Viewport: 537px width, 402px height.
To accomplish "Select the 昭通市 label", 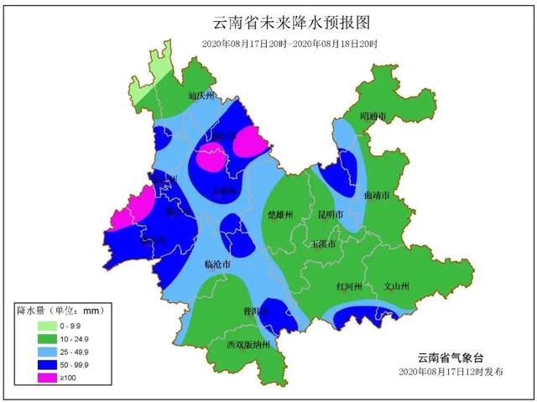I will pyautogui.click(x=373, y=116).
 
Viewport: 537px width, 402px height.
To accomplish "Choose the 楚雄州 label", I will pyautogui.click(x=279, y=215).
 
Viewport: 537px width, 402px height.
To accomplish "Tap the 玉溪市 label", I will pyautogui.click(x=323, y=244).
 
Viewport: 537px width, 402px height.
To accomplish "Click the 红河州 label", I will pyautogui.click(x=350, y=286).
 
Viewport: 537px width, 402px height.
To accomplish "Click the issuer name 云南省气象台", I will pyautogui.click(x=453, y=357).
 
